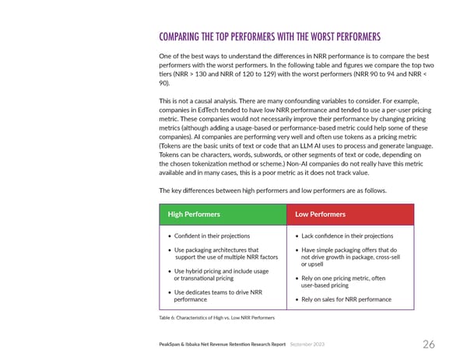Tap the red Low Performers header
320,213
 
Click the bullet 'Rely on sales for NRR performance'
346,299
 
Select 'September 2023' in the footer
313,344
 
